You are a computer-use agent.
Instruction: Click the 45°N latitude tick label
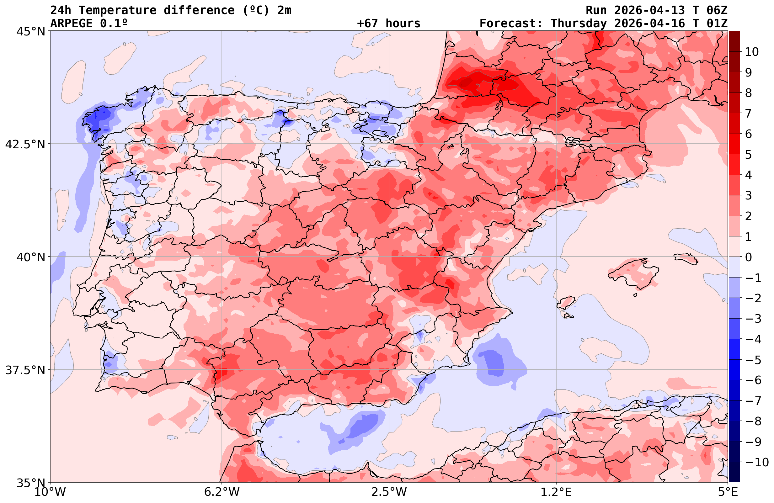[30, 32]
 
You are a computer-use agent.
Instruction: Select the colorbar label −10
[756, 462]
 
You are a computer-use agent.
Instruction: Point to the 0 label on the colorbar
[748, 257]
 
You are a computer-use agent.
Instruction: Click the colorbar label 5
[748, 155]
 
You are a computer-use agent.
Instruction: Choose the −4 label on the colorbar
[753, 339]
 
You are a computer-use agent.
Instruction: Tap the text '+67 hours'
[389, 24]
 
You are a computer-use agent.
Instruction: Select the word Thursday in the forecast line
[579, 24]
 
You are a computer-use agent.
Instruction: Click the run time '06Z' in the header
[717, 10]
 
